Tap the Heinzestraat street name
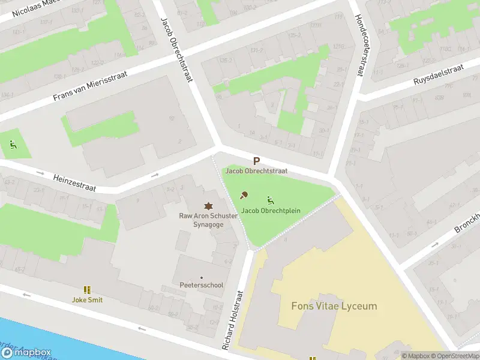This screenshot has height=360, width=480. coord(74,182)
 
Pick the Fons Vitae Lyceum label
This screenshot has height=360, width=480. coord(334,306)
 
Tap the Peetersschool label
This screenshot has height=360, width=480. coord(202,285)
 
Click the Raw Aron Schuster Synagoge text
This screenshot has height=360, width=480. coord(208,220)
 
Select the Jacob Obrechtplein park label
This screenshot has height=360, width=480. coord(271,211)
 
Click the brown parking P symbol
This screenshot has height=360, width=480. coord(256,161)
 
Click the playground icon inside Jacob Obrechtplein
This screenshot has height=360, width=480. coord(271,199)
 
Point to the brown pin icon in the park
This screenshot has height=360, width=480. coord(244,194)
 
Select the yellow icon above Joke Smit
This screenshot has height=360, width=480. coord(87,290)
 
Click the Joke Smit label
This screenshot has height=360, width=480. coord(87,299)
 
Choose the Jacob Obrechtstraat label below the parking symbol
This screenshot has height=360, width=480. coord(256,171)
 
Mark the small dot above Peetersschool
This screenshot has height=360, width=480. coord(202,277)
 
